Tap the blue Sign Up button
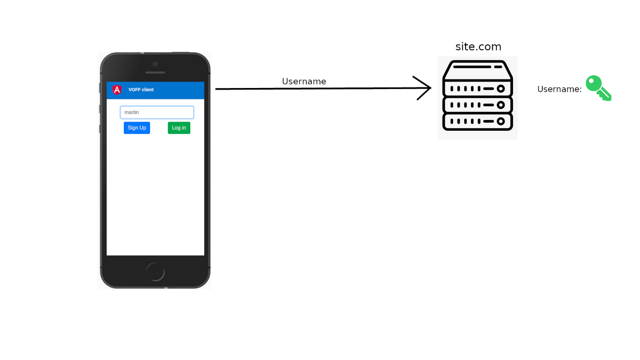137,128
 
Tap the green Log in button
179,128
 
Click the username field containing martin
157,113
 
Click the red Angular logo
117,90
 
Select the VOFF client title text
141,90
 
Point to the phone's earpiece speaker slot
155,73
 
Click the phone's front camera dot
155,63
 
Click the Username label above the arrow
304,82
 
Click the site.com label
478,47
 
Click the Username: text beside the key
559,90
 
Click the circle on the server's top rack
501,89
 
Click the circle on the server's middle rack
501,105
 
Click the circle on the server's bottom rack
501,122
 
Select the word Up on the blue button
142,128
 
